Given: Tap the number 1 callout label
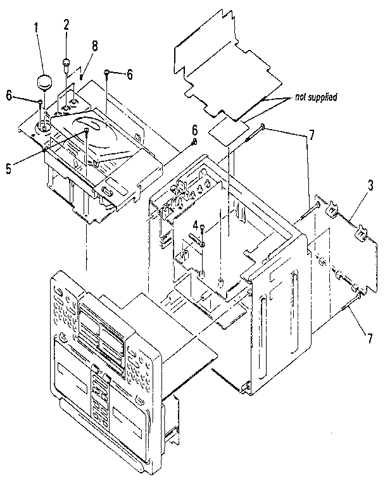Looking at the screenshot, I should pyautogui.click(x=36, y=28).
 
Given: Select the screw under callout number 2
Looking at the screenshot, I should pyautogui.click(x=66, y=63).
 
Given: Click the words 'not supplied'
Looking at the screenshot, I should pyautogui.click(x=315, y=97).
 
